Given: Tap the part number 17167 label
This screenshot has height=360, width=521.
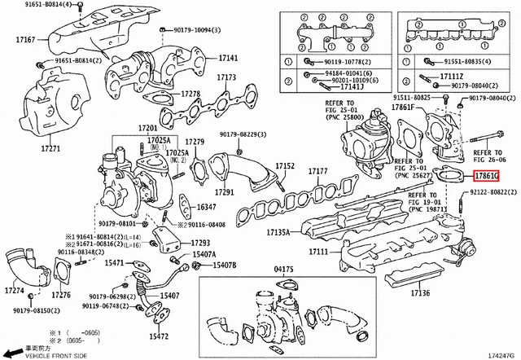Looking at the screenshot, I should (x=25, y=39).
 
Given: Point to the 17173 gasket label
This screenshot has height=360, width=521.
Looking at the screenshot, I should (x=225, y=77).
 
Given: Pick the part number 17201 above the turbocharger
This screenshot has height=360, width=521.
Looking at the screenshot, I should (x=147, y=129).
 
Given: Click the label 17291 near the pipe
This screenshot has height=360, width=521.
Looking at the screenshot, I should (x=223, y=192).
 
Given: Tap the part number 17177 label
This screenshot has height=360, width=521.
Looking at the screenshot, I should (x=317, y=171).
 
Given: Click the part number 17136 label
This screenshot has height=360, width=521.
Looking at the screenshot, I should (x=420, y=292).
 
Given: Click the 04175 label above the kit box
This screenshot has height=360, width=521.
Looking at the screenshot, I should (x=283, y=268).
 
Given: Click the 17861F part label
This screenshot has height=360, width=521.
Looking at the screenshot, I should (x=403, y=107).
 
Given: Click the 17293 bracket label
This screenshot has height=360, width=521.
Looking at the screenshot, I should (x=200, y=243).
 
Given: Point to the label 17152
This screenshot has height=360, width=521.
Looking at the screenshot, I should (x=284, y=165).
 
